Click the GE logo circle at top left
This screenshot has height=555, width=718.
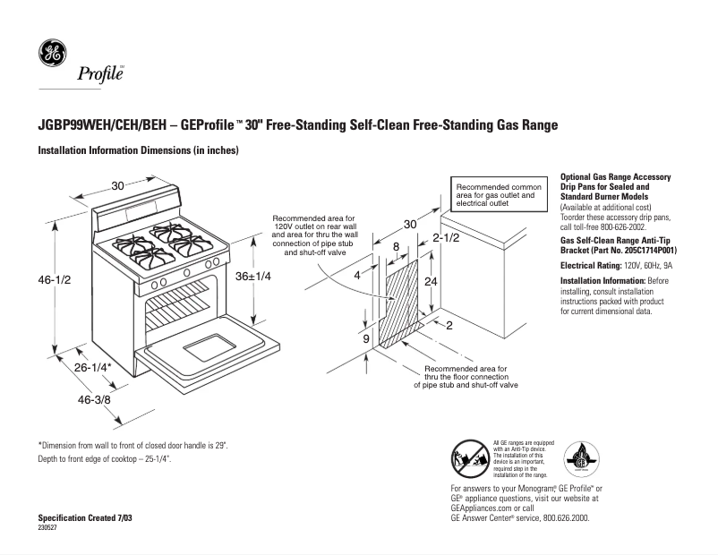pyautogui.click(x=51, y=55)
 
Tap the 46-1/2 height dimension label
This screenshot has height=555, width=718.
pyautogui.click(x=54, y=280)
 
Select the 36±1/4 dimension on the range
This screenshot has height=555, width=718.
pyautogui.click(x=253, y=278)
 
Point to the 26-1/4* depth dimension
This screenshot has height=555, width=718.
pyautogui.click(x=92, y=368)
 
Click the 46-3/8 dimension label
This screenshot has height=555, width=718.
pyautogui.click(x=92, y=400)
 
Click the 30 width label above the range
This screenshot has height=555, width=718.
pyautogui.click(x=117, y=186)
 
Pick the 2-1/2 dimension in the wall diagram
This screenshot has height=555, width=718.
pyautogui.click(x=446, y=239)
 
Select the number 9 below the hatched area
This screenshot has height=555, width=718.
pyautogui.click(x=366, y=340)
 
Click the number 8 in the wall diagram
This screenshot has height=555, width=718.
pyautogui.click(x=395, y=247)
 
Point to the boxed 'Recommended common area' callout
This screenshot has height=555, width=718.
pyautogui.click(x=495, y=194)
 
